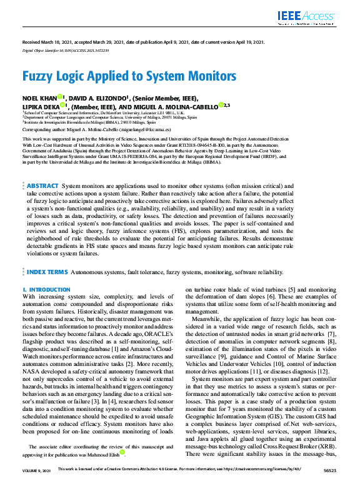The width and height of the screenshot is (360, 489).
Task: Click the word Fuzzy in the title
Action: (41, 77)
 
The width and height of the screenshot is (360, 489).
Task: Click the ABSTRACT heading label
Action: (43, 186)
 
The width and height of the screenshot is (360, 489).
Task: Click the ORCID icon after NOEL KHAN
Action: (60, 97)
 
